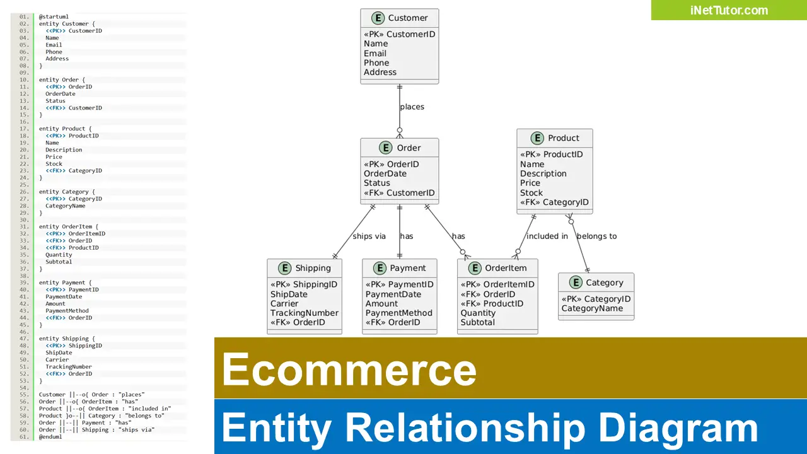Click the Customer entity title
coord(407,18)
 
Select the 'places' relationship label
coord(412,107)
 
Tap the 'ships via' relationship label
coord(369,236)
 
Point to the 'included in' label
coord(547,236)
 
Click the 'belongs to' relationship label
coord(596,236)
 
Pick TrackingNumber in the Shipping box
coord(305,313)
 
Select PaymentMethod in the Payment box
coord(399,313)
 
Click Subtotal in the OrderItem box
coord(477,323)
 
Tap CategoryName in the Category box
coord(592,309)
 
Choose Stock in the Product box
coord(531,193)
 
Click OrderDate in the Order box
coord(385,174)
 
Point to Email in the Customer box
coord(375,54)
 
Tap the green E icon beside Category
coord(575,283)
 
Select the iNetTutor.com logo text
coord(729,10)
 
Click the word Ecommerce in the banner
coord(349,370)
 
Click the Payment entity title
coord(407,268)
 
